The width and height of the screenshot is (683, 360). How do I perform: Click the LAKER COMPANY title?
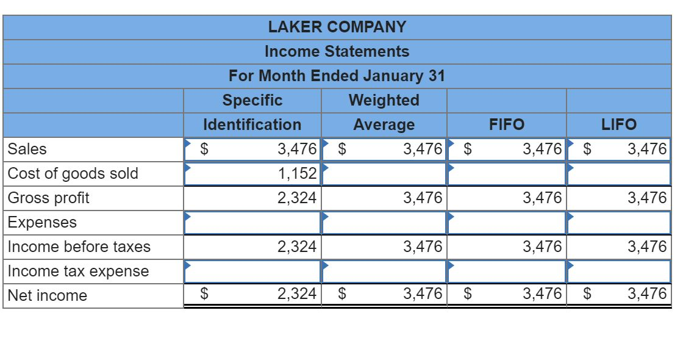pos(337,27)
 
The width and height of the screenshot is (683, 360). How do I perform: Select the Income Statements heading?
pos(337,51)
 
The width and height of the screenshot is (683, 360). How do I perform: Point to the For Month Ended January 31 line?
pos(337,76)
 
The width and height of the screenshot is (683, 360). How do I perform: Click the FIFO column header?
pos(506,124)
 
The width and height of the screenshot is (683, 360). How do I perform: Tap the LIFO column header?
pos(618,124)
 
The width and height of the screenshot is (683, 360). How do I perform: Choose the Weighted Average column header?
pos(384,112)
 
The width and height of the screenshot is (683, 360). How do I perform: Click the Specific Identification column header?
pos(252,112)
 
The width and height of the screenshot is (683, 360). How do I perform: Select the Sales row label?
pos(27,149)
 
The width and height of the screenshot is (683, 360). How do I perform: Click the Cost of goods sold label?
pos(73,173)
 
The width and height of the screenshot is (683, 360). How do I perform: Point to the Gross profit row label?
pos(49,198)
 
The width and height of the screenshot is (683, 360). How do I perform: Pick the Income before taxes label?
pos(79,247)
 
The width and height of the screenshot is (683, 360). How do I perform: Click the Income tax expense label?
pos(78,271)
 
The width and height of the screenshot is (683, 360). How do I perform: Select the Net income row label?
pos(48,295)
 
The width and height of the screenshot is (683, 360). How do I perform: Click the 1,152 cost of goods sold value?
pos(297,173)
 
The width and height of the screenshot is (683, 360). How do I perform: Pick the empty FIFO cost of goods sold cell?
pos(506,173)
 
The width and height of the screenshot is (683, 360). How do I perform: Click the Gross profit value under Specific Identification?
pos(297,198)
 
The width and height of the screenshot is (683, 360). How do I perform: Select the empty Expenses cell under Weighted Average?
pos(384,222)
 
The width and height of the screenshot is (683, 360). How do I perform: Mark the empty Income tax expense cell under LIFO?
pos(618,271)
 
